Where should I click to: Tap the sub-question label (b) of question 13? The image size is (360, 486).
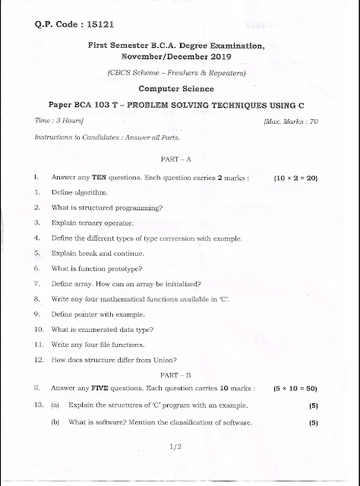tap(55, 422)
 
